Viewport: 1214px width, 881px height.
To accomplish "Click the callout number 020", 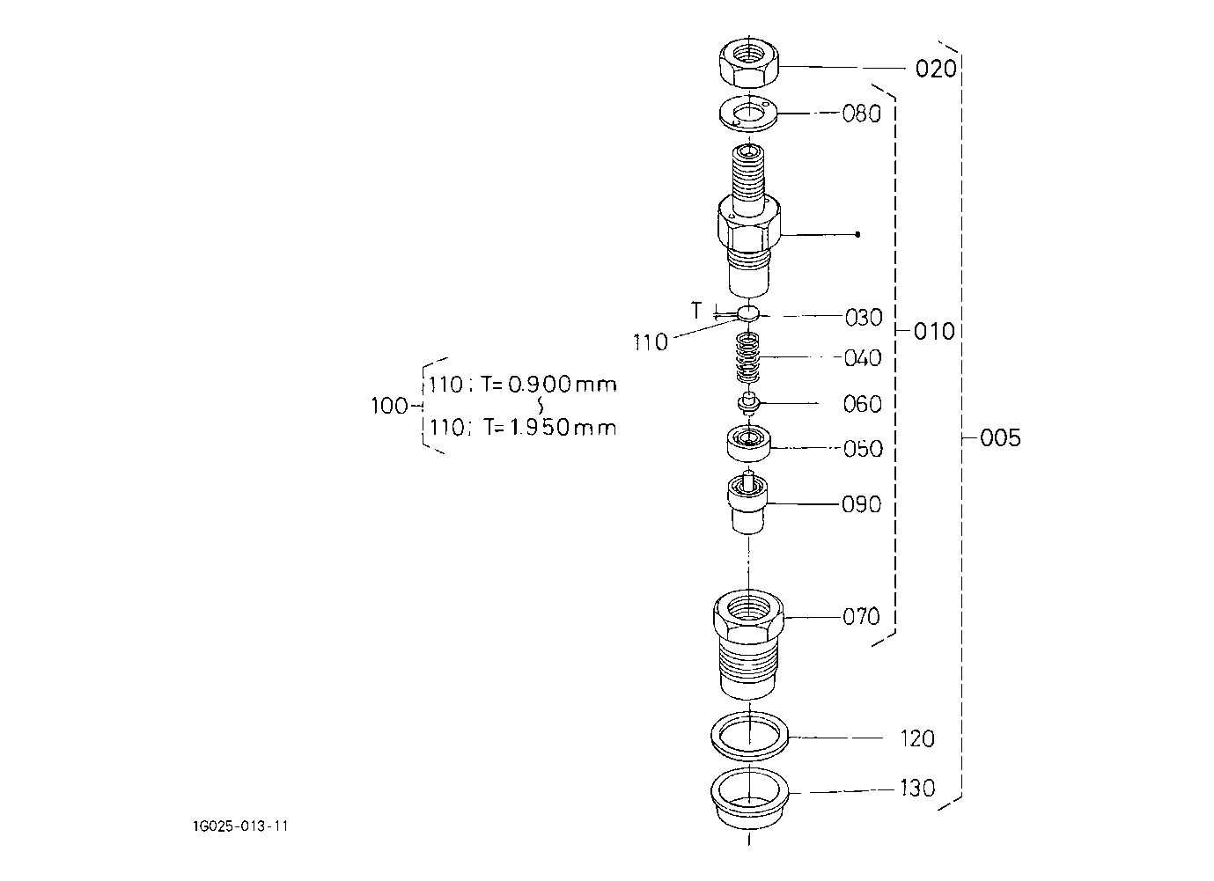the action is (936, 69).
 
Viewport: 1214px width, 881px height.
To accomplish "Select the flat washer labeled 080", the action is (748, 114).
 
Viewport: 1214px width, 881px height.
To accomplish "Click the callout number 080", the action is (861, 114).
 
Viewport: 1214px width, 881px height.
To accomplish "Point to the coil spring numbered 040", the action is (749, 357).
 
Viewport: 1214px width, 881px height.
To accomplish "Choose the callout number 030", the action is (864, 318).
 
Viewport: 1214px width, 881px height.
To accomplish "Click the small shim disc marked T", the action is (748, 312).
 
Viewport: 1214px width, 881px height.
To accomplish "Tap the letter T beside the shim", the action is (696, 311).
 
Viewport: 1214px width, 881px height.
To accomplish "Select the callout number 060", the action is (862, 404).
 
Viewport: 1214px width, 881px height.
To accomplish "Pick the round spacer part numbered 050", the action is (748, 444).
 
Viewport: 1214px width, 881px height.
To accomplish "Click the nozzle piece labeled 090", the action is (748, 503).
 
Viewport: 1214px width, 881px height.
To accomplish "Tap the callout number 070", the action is (861, 617).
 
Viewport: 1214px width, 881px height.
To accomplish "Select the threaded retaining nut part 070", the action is (748, 645).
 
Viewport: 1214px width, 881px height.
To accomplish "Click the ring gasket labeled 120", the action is (749, 737).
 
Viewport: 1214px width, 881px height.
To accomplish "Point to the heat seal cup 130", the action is (749, 797).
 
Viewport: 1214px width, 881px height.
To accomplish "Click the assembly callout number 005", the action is (1000, 437).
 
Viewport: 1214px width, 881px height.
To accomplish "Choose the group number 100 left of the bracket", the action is (389, 406).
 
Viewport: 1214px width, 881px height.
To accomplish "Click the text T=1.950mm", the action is (550, 428).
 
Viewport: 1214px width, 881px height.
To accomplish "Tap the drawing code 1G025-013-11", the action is (240, 826).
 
